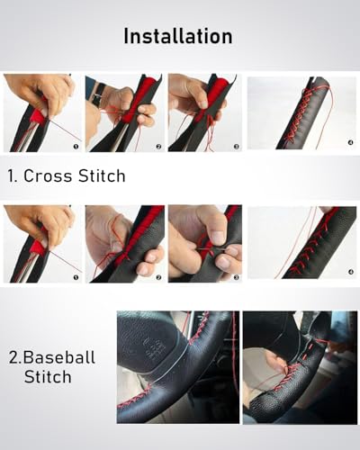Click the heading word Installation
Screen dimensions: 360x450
178,36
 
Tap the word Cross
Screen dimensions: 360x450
48,175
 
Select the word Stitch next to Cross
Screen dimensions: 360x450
102,175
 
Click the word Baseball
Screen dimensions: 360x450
59,357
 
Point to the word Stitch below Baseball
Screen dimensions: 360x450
48,376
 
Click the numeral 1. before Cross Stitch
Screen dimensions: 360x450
13,175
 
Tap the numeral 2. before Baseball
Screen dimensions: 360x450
15,357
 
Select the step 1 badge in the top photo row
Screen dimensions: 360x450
76,147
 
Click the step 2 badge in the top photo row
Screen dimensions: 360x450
158,147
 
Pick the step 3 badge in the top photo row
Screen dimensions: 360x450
237,147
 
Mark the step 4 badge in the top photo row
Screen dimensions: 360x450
351,142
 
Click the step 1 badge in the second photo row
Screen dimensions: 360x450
76,277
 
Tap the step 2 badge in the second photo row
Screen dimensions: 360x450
158,277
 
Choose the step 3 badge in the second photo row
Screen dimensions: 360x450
237,277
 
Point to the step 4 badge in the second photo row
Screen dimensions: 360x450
351,272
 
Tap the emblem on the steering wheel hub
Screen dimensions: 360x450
156,349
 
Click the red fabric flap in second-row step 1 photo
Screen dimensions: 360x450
39,247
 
